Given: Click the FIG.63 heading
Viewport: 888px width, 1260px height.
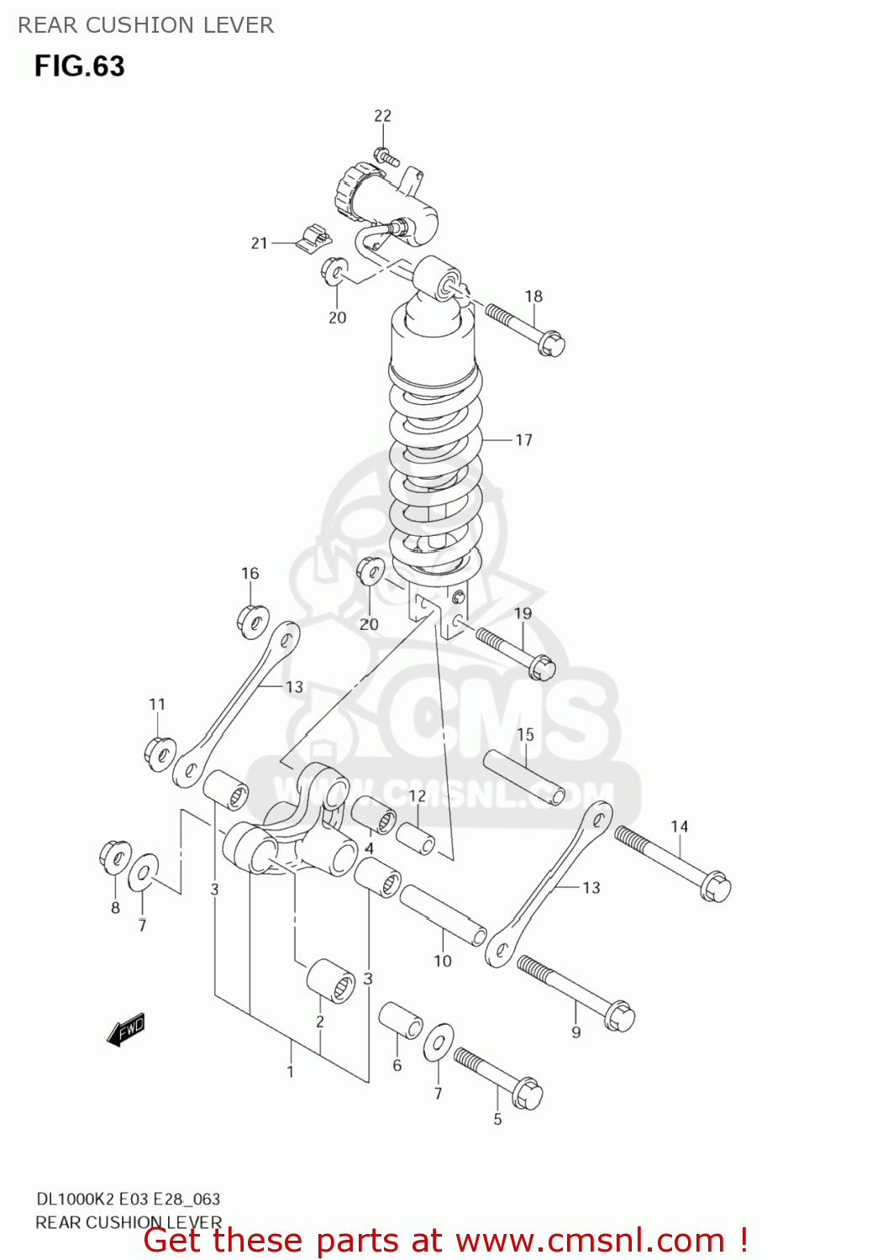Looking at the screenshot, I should [80, 66].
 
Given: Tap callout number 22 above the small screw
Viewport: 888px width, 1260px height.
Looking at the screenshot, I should [382, 116].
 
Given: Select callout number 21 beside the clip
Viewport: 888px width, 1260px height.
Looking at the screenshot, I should [259, 244].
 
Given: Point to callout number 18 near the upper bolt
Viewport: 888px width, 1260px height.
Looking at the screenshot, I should [533, 297].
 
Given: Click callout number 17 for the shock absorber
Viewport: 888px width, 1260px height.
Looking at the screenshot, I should [523, 440].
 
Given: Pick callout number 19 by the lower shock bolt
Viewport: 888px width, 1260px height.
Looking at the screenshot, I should [523, 614].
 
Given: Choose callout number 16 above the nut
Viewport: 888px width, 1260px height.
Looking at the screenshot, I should [250, 574].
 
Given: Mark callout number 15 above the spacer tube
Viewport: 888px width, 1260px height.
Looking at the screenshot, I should [525, 735].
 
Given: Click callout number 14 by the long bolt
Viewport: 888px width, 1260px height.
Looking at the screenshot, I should [679, 827].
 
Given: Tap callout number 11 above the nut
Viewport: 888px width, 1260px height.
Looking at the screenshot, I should [157, 705].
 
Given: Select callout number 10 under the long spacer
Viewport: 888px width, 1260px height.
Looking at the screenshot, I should [443, 961].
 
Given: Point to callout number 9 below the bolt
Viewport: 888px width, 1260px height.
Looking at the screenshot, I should [576, 1032].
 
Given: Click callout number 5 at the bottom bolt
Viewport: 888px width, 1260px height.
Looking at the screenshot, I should [497, 1120].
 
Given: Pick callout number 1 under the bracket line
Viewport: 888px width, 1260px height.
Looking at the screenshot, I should [291, 1072].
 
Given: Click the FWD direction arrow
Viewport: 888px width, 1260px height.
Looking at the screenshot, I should [126, 1030].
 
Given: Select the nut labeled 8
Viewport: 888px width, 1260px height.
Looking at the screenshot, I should [114, 857].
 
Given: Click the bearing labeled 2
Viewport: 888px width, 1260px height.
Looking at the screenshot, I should [329, 979].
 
